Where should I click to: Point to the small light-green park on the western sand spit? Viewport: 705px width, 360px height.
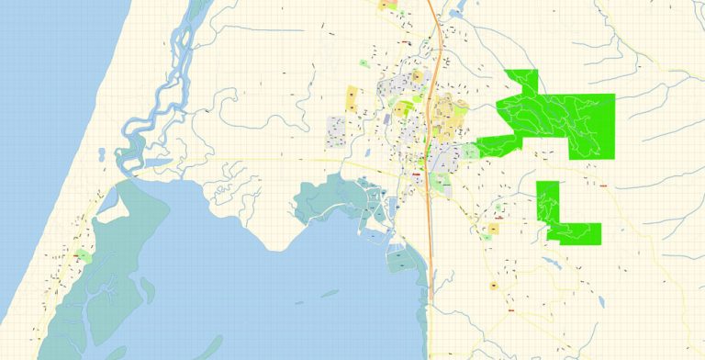pyautogui.click(x=84, y=254)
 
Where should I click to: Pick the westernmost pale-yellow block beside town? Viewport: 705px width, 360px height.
pyautogui.click(x=352, y=98)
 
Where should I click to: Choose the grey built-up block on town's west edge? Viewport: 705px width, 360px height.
pyautogui.click(x=338, y=131)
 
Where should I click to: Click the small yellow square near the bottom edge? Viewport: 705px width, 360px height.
pyautogui.click(x=494, y=287)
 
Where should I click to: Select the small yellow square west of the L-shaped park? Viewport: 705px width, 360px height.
pyautogui.click(x=494, y=228)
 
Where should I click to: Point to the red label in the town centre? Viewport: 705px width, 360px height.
pyautogui.click(x=417, y=174)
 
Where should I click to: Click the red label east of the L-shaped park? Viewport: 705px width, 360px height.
pyautogui.click(x=605, y=185)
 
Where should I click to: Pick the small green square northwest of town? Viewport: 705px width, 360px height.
pyautogui.click(x=364, y=62)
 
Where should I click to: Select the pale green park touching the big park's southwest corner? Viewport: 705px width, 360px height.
pyautogui.click(x=470, y=151)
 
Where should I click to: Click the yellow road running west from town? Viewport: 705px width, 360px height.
pyautogui.click(x=275, y=161)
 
